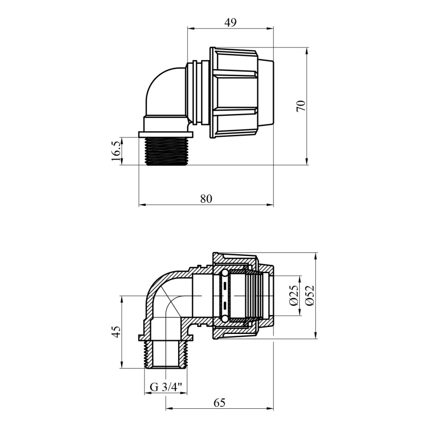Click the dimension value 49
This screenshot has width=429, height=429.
click(230, 23)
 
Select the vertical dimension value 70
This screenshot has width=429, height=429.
click(301, 106)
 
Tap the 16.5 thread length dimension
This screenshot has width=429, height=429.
click(116, 151)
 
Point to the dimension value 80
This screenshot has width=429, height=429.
click(206, 199)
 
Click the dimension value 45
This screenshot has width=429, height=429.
click(117, 332)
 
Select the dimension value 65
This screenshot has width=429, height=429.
click(220, 403)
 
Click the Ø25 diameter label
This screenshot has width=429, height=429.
click(293, 296)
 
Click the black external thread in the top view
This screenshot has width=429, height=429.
click(167, 151)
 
